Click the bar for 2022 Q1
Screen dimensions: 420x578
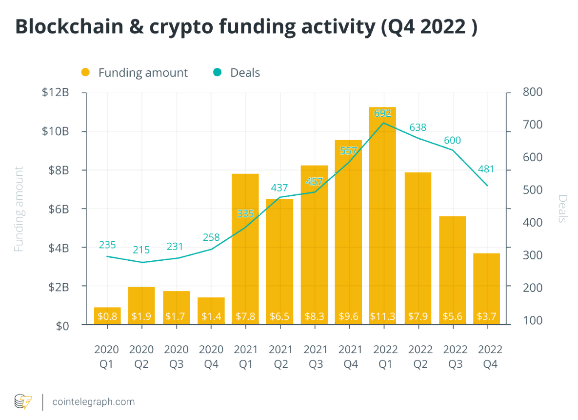coord(382,215)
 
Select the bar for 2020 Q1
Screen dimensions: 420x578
coord(107,315)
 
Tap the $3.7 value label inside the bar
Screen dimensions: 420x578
coord(486,316)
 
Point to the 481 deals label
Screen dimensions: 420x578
coord(486,169)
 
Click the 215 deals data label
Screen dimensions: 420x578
coord(142,250)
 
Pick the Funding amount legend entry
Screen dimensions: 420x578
coord(134,73)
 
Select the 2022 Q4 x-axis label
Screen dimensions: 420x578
coord(490,356)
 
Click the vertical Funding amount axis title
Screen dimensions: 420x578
coord(19,209)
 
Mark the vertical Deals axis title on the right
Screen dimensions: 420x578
coord(562,209)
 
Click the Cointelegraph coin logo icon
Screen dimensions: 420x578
coord(23,401)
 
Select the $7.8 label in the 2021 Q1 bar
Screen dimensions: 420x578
coord(245,316)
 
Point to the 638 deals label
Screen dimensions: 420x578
coord(418,127)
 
